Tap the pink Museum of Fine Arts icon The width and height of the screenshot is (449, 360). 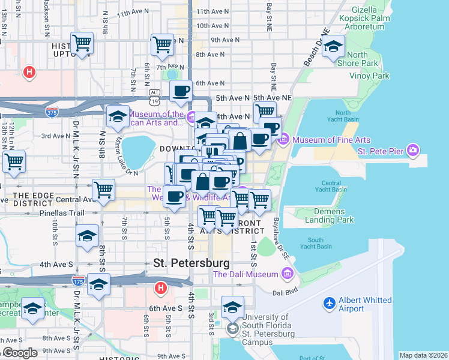point(283,140)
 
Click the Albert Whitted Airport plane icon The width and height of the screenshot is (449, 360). point(329,304)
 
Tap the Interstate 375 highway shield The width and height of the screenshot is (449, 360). point(52,111)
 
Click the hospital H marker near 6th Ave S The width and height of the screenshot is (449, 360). point(160,289)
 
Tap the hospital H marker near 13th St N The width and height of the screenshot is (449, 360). point(28,73)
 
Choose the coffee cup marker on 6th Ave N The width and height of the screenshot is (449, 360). point(180,91)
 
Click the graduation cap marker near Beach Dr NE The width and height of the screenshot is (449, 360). point(333,46)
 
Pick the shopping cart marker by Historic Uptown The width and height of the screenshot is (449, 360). point(82,43)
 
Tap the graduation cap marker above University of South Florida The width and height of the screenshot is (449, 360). point(232,307)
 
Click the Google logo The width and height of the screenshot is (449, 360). point(20,352)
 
